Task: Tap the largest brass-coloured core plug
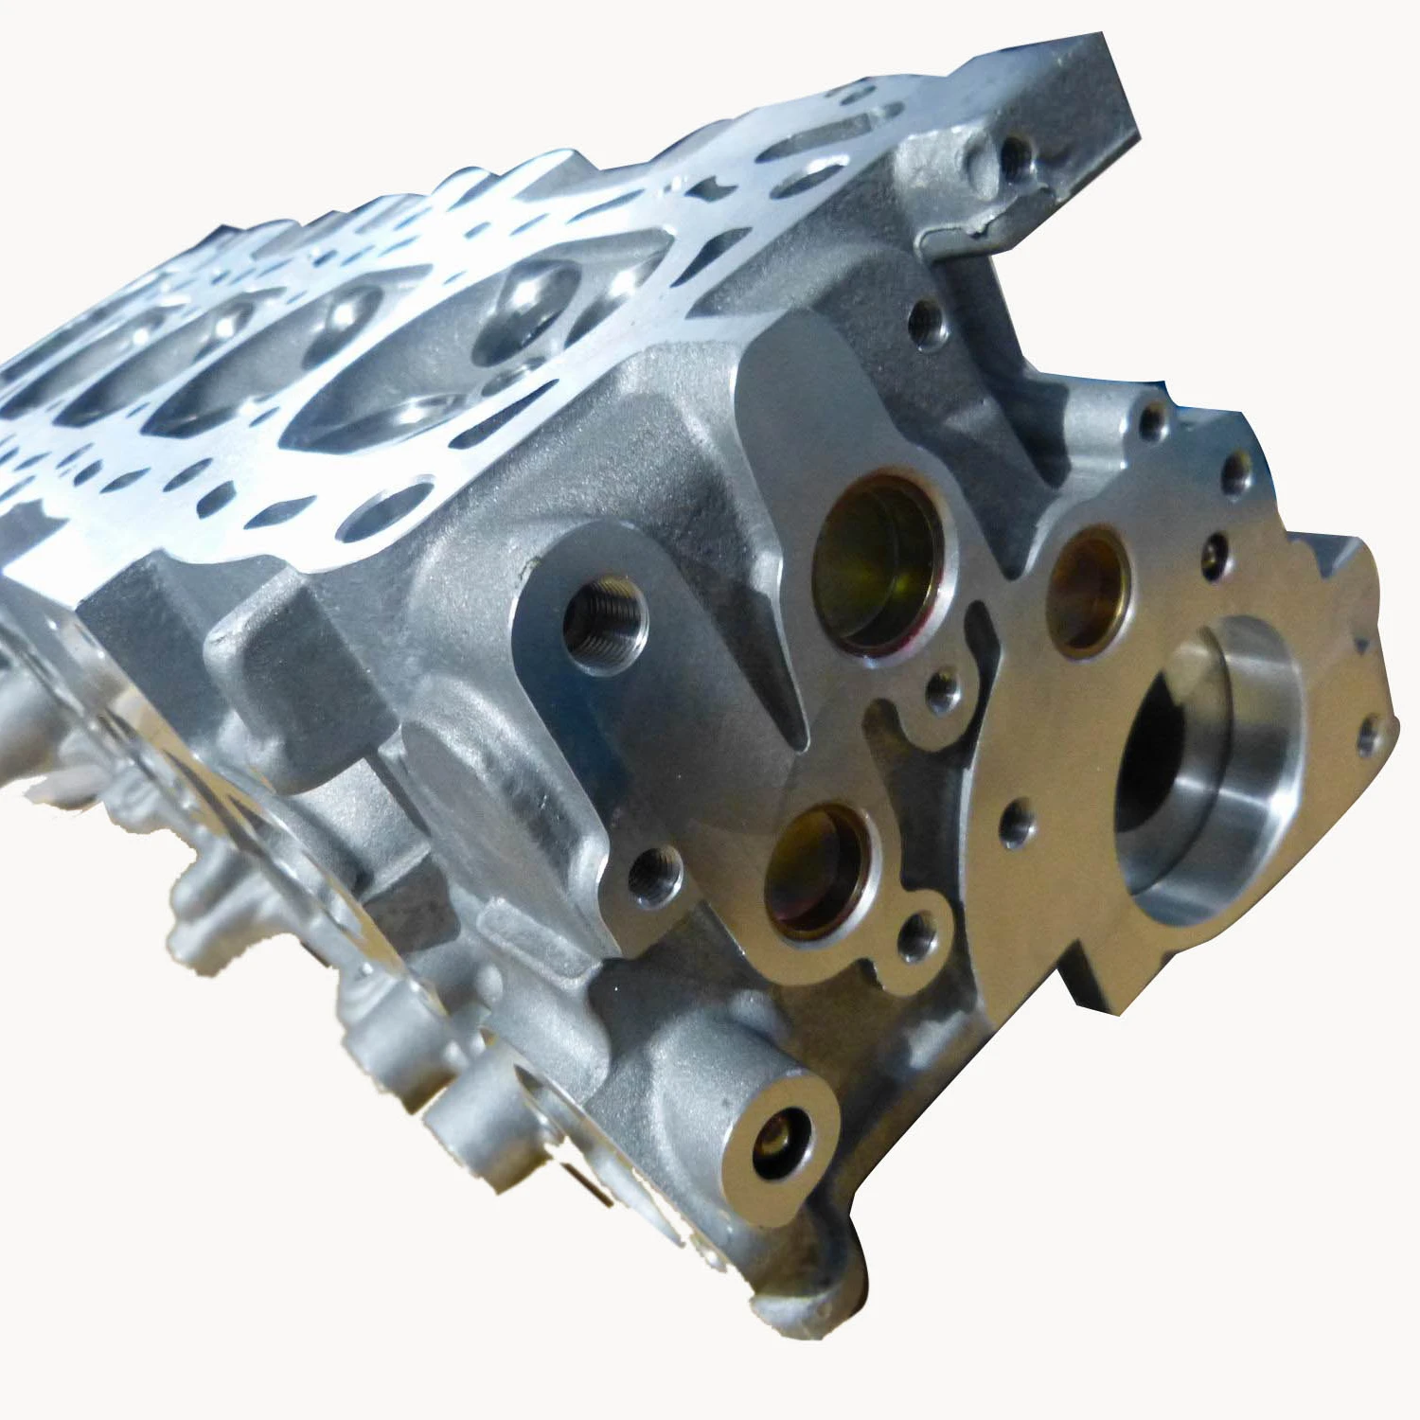[x=879, y=564]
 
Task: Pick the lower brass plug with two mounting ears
[x=816, y=871]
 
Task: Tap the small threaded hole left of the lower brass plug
[x=653, y=873]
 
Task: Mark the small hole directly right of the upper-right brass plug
[x=1214, y=559]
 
